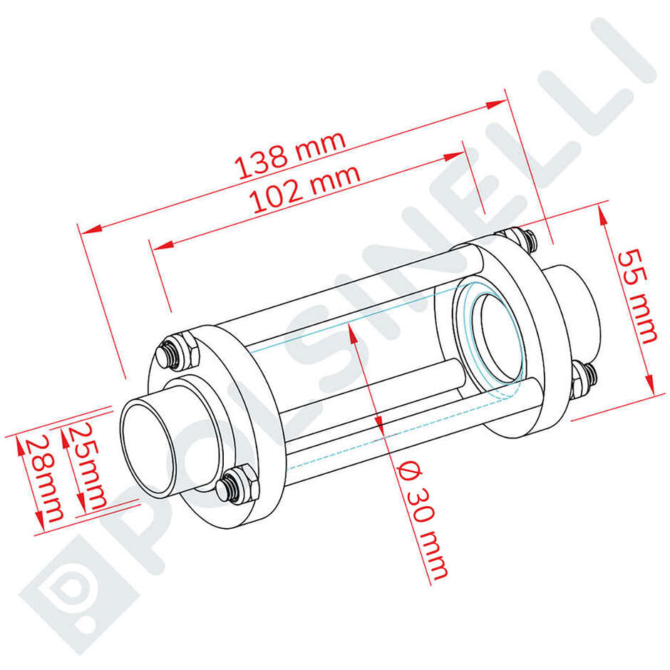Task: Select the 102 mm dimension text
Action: [306, 189]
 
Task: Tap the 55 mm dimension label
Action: [637, 297]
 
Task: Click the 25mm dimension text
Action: [88, 465]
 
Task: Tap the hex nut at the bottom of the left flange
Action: [237, 484]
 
